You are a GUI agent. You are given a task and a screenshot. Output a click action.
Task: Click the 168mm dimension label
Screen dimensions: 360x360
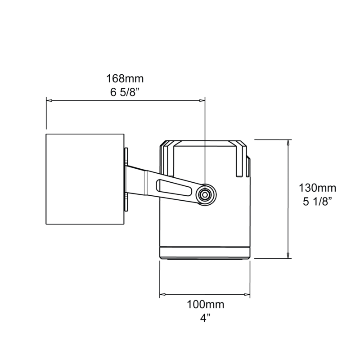click(125, 79)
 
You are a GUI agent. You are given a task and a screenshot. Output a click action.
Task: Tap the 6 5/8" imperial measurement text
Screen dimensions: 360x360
click(125, 92)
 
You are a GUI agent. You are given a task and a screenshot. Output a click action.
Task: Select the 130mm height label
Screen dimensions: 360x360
click(317, 188)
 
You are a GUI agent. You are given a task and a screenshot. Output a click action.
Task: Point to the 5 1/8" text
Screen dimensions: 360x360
click(318, 202)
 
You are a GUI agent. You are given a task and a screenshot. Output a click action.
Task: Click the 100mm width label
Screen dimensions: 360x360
click(206, 305)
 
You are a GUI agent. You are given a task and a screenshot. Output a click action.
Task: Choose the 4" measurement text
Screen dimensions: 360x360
click(205, 318)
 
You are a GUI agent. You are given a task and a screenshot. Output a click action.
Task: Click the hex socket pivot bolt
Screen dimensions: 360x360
click(205, 195)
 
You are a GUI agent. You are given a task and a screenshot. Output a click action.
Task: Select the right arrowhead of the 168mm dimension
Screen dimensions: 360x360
click(202, 100)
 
